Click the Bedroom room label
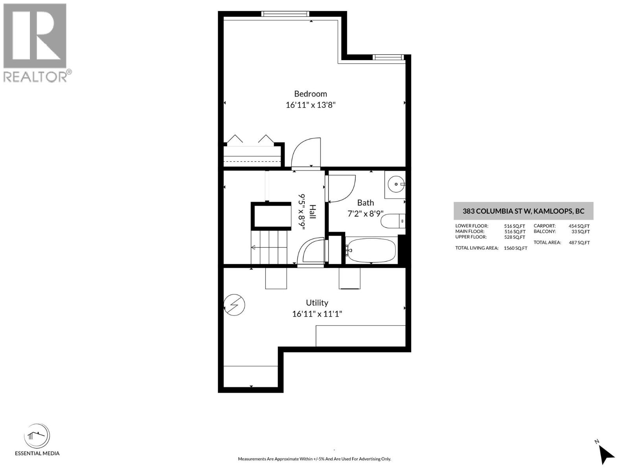click(310, 94)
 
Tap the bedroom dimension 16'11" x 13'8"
click(310, 105)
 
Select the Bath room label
click(365, 203)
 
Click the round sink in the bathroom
click(396, 184)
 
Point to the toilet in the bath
click(392, 221)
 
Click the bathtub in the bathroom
click(371, 251)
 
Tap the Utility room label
click(317, 302)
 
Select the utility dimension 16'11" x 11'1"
click(317, 314)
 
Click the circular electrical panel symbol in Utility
click(234, 305)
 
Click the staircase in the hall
click(270, 247)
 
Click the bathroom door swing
click(341, 188)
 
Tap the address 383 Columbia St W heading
click(523, 211)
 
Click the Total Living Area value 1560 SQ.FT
click(515, 248)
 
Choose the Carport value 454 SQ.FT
click(579, 226)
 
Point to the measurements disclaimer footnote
click(314, 459)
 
